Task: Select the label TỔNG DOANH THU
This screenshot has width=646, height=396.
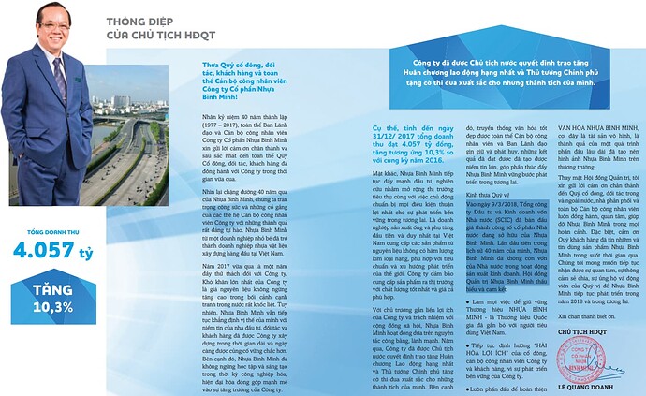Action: (39, 228)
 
